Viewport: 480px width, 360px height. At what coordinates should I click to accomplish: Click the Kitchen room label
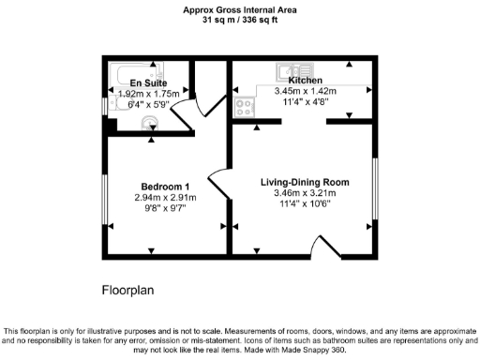click(306, 82)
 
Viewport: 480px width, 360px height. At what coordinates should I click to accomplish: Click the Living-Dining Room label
click(305, 182)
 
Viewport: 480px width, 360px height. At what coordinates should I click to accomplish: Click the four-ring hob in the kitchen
click(247, 107)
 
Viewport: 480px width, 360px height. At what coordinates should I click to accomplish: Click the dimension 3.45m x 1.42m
click(306, 92)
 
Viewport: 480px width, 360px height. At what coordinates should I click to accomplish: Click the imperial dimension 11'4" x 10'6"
click(305, 205)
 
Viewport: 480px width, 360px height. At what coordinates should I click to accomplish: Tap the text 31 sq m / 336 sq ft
click(239, 20)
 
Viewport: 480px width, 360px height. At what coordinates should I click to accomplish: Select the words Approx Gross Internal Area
click(239, 9)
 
